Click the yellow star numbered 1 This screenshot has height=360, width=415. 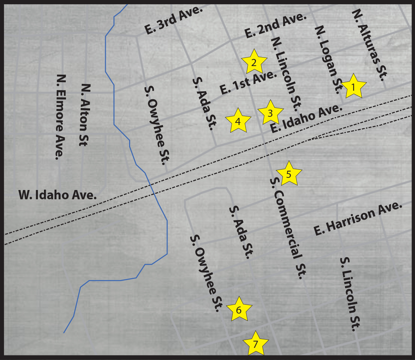[353, 87]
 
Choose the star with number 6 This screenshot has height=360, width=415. [239, 310]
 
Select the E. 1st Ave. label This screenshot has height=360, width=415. [249, 82]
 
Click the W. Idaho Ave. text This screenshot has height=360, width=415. [58, 195]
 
